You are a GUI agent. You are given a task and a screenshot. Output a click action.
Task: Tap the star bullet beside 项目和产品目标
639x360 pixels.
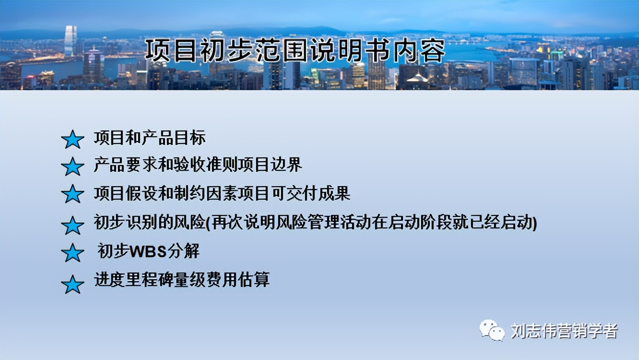(73, 139)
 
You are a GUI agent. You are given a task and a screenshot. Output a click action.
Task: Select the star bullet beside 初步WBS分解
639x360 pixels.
(73, 252)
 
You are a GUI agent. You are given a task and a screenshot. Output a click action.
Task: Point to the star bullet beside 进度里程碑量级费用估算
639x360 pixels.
(73, 284)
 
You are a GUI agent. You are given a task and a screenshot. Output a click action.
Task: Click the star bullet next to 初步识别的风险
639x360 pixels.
(73, 225)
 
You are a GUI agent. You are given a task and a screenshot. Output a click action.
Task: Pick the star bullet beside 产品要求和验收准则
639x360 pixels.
(73, 167)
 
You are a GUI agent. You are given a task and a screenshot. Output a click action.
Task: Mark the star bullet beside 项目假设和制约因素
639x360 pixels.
(73, 194)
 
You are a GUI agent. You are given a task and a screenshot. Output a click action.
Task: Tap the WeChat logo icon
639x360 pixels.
(492, 331)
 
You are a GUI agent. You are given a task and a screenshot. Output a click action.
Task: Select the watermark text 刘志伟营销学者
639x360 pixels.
(564, 331)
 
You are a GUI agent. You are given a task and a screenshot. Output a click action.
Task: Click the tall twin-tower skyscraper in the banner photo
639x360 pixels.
(71, 41)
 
